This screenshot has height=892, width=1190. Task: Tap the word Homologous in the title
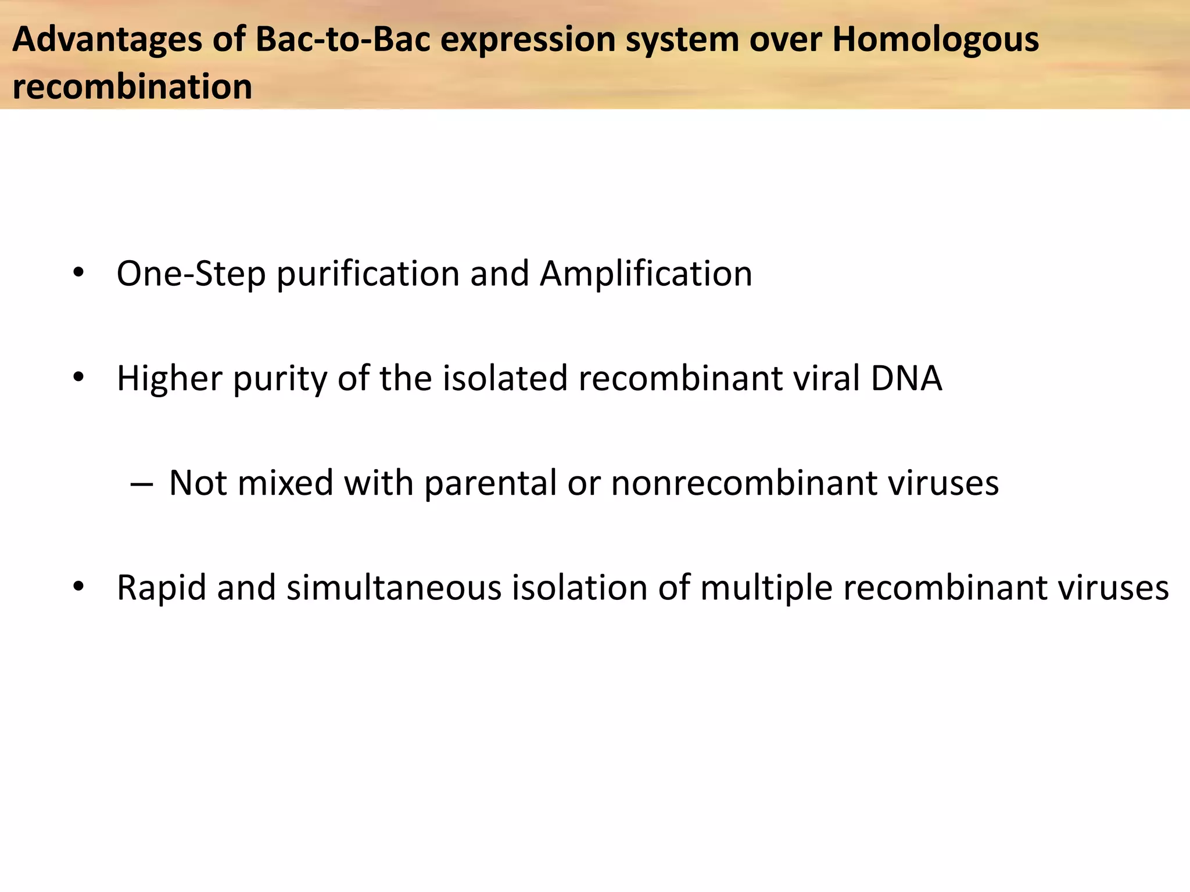[x=935, y=39]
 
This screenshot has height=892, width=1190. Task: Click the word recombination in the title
[x=132, y=87]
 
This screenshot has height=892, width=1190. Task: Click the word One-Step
[x=191, y=274]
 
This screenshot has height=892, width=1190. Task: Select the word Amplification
[x=646, y=274]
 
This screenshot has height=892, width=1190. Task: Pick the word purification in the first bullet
[x=368, y=274]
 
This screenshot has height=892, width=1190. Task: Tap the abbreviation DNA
[x=906, y=378]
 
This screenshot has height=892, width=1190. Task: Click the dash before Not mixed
[x=142, y=484]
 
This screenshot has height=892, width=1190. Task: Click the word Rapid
[x=162, y=588]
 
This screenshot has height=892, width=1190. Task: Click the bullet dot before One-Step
[x=78, y=274]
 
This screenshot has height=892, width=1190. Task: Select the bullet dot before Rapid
[x=78, y=587]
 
